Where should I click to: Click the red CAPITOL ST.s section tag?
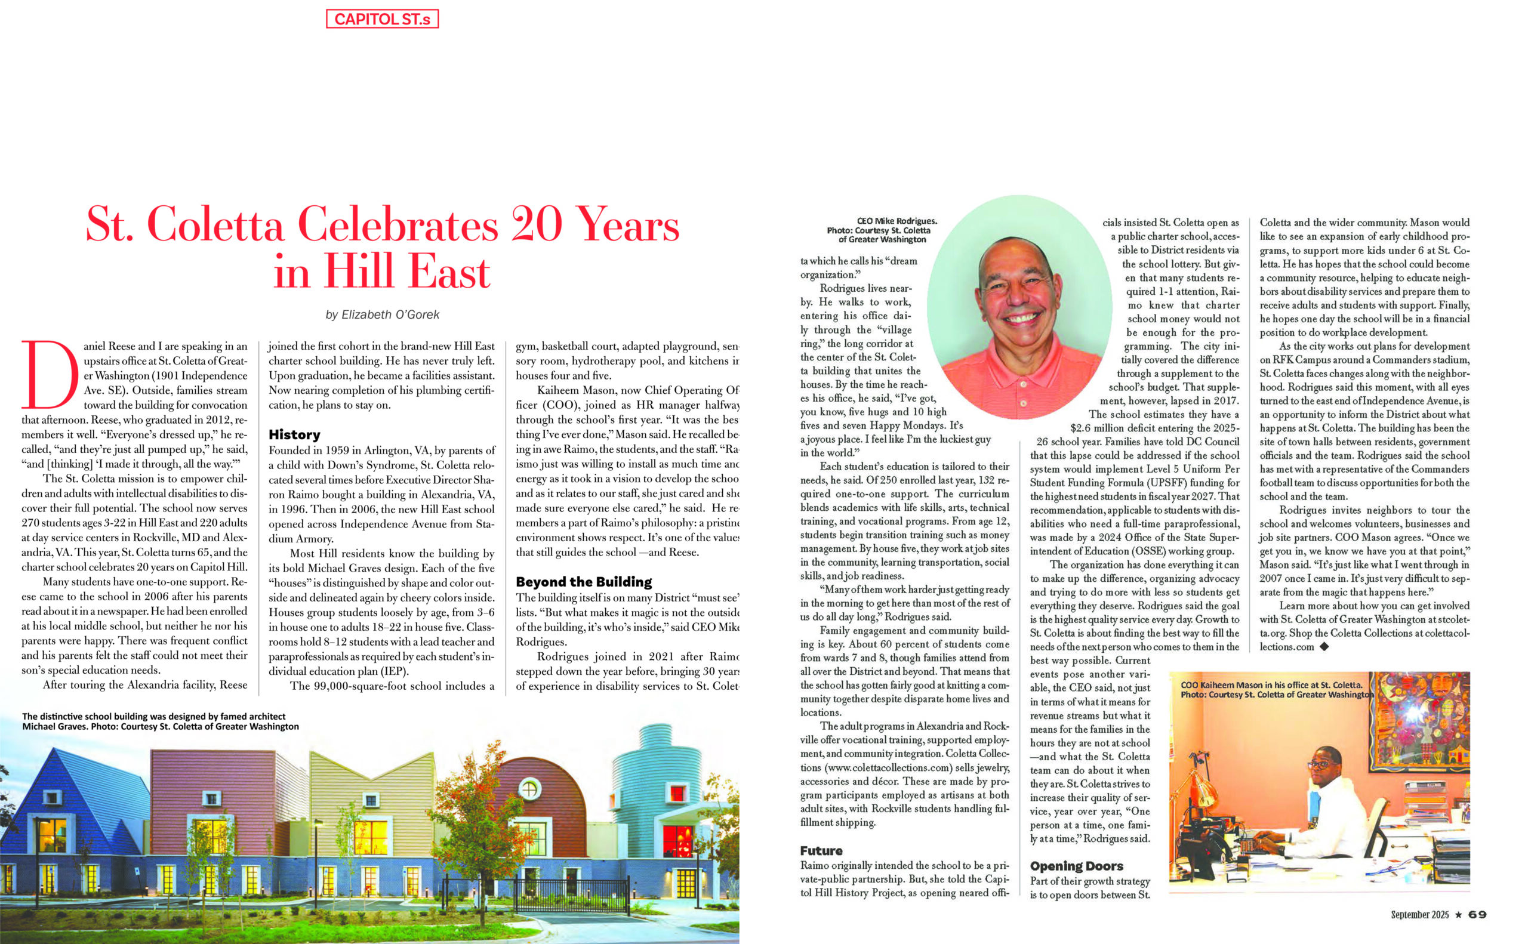pyautogui.click(x=381, y=18)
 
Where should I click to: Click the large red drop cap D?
pyautogui.click(x=50, y=375)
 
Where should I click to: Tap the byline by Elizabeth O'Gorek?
pyautogui.click(x=382, y=314)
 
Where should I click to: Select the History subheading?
pyautogui.click(x=294, y=434)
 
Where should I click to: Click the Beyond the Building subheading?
pyautogui.click(x=583, y=582)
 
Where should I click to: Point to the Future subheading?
pyautogui.click(x=821, y=850)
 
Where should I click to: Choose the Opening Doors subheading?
pyautogui.click(x=1076, y=866)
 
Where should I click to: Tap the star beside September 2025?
pyautogui.click(x=1458, y=915)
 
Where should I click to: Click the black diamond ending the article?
pyautogui.click(x=1324, y=647)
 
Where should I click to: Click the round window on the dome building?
pyautogui.click(x=529, y=789)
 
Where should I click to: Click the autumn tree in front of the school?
pyautogui.click(x=475, y=831)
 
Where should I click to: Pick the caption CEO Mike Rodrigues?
pyautogui.click(x=883, y=230)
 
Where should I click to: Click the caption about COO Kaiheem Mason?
pyautogui.click(x=1274, y=689)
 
